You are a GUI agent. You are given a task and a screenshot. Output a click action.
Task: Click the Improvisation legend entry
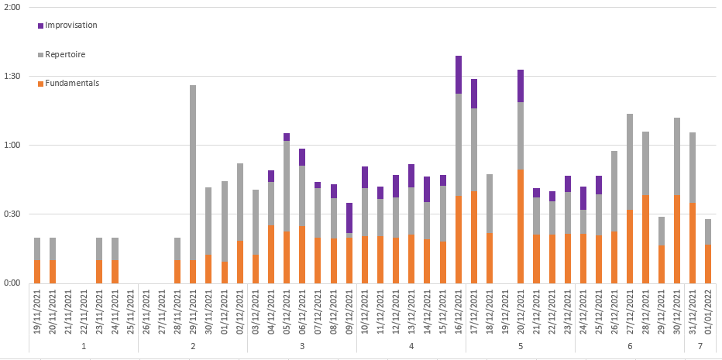70,26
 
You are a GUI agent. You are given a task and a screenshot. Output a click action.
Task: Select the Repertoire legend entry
65,55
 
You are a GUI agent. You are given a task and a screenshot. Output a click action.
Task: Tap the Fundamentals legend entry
72,84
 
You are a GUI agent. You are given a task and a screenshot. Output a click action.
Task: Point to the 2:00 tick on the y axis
12,7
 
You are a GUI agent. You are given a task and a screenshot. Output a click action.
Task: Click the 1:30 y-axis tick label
12,76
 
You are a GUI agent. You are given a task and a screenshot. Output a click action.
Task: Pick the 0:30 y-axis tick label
12,214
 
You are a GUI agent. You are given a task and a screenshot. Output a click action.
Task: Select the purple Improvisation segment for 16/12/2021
459,74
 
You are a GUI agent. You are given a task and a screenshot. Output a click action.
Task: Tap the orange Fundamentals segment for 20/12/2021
521,226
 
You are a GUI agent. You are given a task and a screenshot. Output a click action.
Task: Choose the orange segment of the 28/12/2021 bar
645,238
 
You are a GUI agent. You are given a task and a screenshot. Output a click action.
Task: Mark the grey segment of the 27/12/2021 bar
630,162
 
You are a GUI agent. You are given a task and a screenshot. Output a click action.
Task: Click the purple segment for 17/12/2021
474,93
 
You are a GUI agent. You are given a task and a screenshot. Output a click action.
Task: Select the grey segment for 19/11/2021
37,249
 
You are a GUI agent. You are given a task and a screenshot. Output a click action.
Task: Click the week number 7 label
700,345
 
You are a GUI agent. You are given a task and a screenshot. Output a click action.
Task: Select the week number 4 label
411,345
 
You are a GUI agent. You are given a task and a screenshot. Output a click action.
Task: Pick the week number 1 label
84,345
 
